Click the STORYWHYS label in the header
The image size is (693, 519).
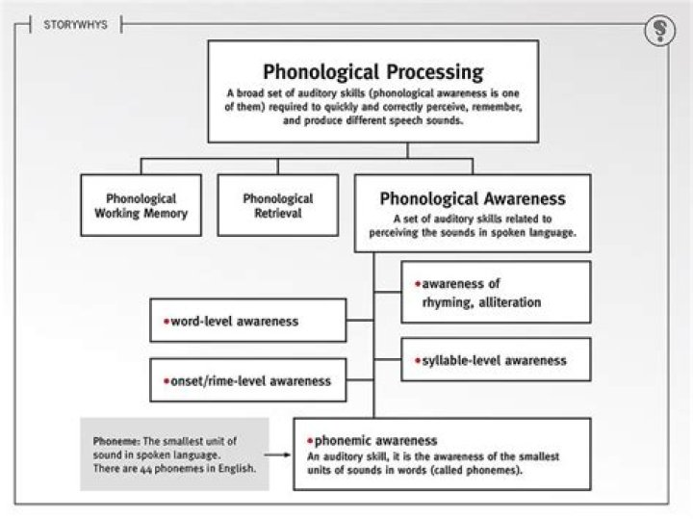68,24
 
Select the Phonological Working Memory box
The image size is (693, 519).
141,205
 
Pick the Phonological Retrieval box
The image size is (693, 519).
278,205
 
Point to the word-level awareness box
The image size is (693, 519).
248,320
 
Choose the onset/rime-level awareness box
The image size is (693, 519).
248,379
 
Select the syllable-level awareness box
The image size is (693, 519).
496,361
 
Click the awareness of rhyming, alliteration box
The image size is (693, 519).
496,292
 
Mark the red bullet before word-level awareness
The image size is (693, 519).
166,320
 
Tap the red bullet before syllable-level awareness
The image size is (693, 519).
418,361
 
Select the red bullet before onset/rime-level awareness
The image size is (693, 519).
166,379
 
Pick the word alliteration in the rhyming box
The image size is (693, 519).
506,301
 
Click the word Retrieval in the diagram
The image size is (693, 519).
277,213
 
